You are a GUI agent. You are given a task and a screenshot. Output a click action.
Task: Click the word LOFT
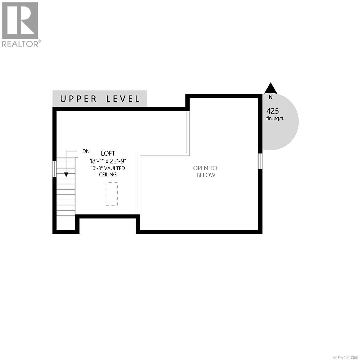[x=108, y=154]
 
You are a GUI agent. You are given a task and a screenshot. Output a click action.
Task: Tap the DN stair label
[x=86, y=151]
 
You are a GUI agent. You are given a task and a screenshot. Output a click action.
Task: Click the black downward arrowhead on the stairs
[x=66, y=175]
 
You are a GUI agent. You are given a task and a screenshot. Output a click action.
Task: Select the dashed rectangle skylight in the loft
[x=111, y=194]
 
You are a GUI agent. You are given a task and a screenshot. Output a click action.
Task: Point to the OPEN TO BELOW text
[x=205, y=172]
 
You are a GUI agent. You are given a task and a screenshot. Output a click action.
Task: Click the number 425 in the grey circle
[x=272, y=111]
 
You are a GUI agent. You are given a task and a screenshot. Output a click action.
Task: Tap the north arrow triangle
[x=271, y=88]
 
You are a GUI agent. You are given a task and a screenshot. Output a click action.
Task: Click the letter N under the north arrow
[x=271, y=97]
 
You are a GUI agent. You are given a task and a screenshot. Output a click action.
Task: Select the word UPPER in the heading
[x=79, y=99]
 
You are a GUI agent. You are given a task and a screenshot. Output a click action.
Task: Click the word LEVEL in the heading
[x=123, y=99]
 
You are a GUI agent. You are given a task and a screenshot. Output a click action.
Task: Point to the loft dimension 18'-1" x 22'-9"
[x=108, y=161]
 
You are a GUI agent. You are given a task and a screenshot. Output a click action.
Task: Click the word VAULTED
[x=115, y=168]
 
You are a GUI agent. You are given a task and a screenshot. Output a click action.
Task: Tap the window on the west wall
[x=54, y=169]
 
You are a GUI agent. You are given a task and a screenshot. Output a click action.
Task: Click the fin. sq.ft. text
[x=275, y=118]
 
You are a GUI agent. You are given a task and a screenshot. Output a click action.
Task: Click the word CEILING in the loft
[x=108, y=175]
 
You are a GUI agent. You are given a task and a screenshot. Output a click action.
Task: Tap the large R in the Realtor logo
[x=20, y=20]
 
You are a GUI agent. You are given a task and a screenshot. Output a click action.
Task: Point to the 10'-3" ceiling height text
[x=97, y=168]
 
